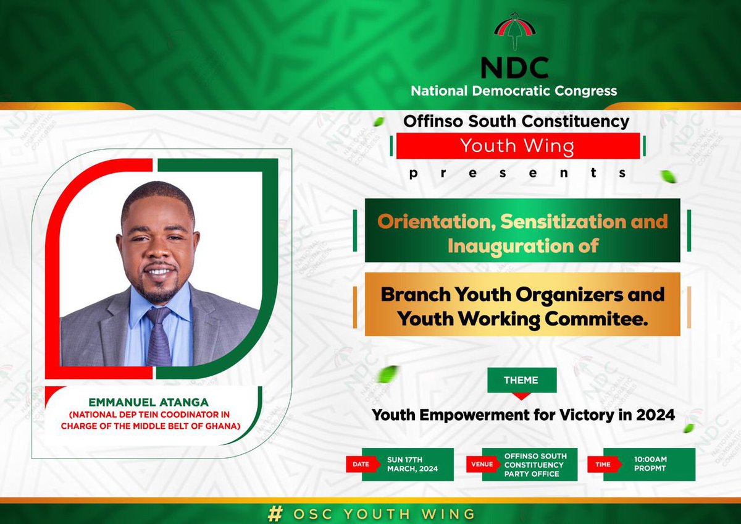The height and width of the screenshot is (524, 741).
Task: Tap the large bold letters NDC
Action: point(514,67)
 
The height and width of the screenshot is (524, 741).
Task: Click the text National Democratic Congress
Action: point(514,91)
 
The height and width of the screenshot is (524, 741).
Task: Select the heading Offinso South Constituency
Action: point(516,120)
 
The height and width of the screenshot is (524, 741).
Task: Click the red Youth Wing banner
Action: point(517,146)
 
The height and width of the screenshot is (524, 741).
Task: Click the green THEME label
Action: point(521,380)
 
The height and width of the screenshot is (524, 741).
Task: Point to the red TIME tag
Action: point(602,465)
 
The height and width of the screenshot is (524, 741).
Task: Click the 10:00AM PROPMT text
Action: point(650,464)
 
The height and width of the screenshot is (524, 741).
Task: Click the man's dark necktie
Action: point(159,337)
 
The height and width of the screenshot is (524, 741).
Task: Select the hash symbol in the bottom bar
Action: point(274,513)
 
